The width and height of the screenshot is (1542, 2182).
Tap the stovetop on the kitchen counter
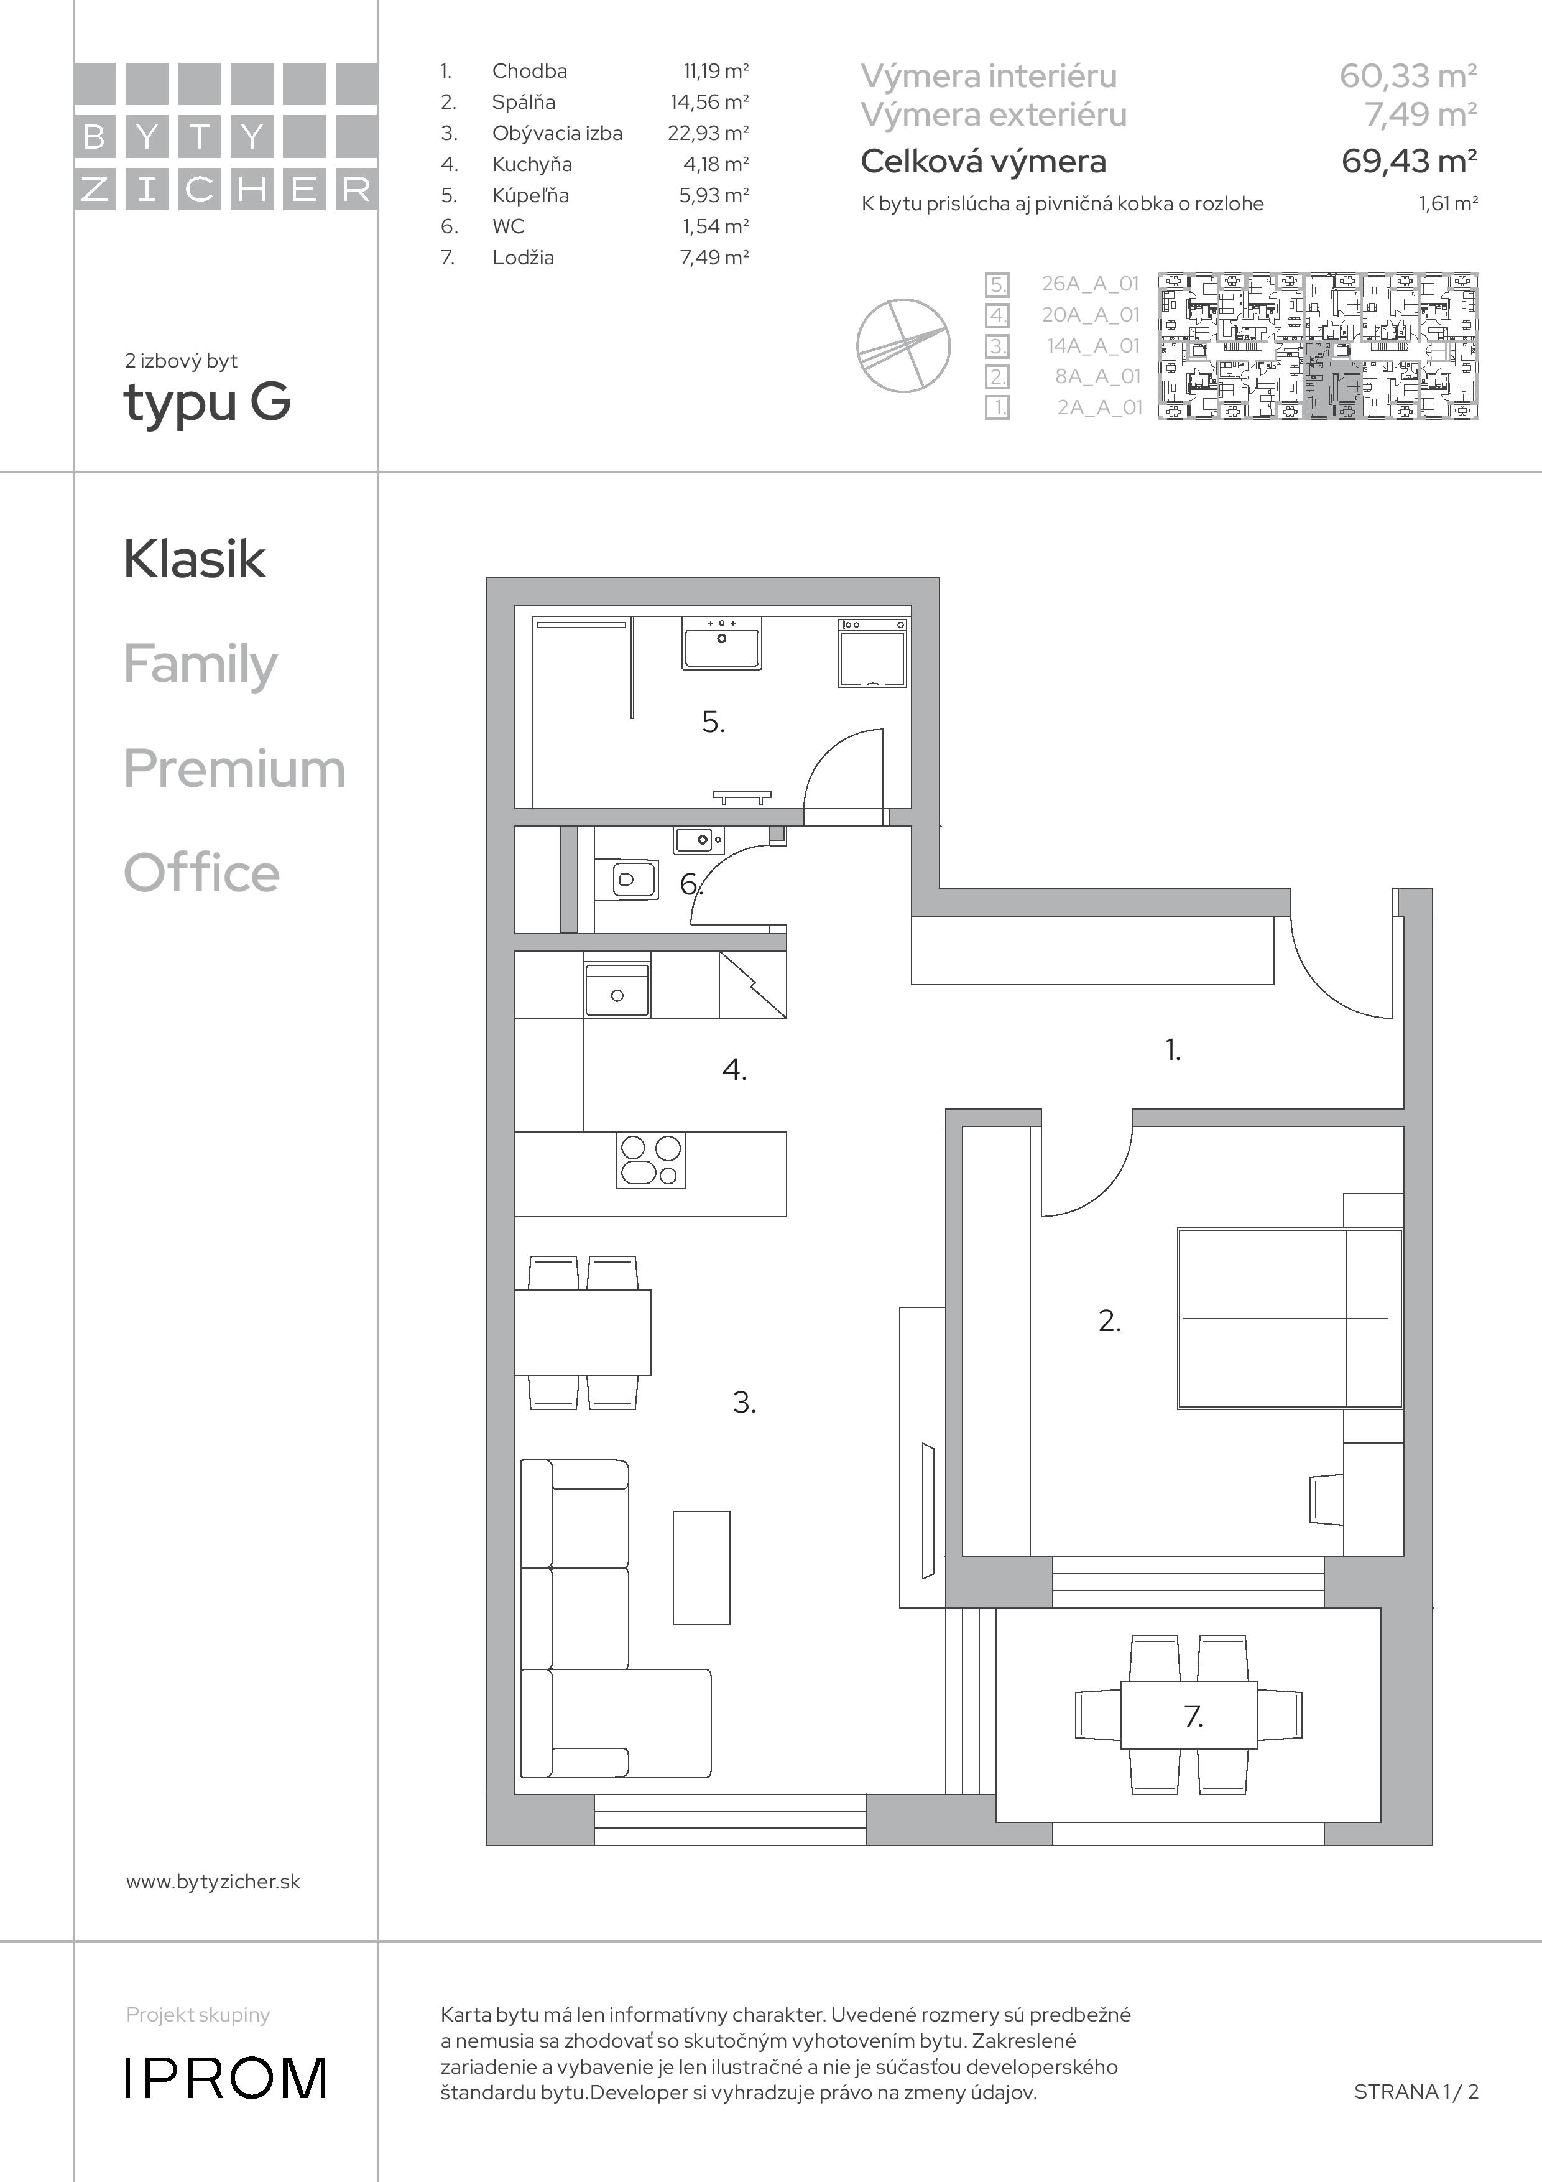coord(652,1161)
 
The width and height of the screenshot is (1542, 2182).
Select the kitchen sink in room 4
coord(617,990)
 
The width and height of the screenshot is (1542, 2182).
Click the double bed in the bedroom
coord(1290,1318)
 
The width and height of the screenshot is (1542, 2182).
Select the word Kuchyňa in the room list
coord(532,164)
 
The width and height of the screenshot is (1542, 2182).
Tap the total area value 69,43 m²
coord(1409,162)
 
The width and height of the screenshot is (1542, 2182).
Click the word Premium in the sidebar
coord(234,768)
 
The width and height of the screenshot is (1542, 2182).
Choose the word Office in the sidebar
coord(201,873)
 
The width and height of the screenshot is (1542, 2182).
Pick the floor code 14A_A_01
coord(1092,346)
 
